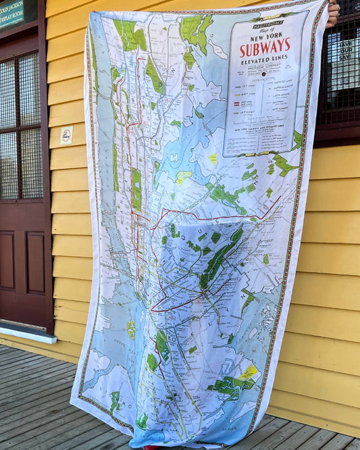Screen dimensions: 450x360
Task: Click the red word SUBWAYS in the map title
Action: pos(265,48)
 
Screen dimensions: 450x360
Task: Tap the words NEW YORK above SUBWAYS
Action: pos(266,34)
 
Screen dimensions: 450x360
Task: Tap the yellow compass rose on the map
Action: pos(131,329)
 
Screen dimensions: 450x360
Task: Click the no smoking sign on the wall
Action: pos(66,135)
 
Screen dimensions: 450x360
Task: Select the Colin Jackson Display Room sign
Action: pos(11,13)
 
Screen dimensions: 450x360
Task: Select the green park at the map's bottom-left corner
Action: pos(114,401)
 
